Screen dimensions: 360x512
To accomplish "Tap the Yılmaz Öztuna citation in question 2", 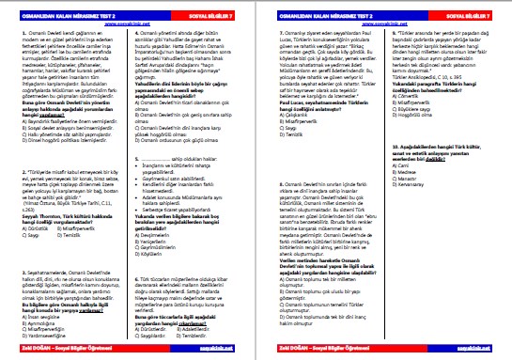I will click(x=65, y=204).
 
